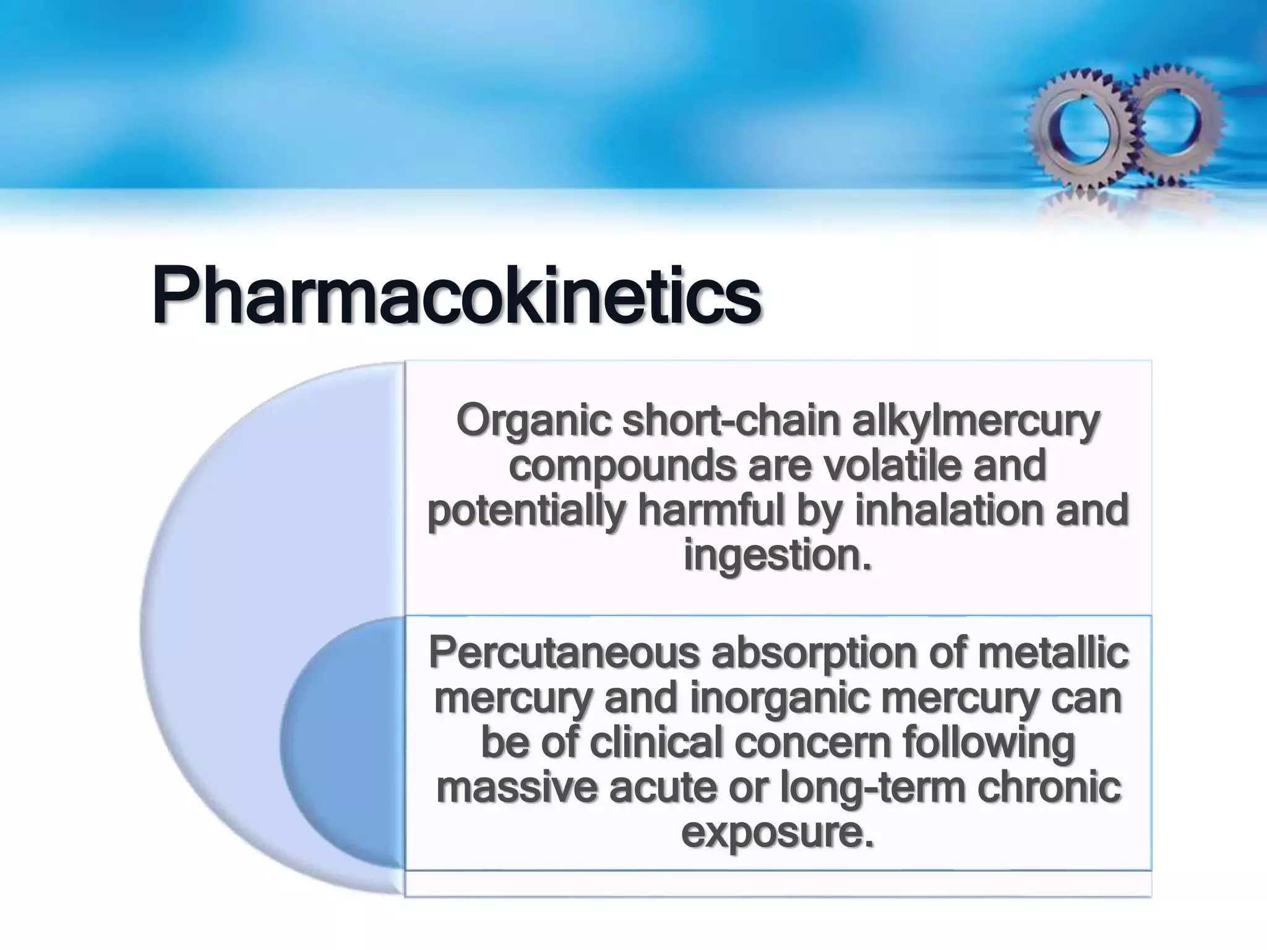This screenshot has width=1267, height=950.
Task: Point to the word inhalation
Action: click(x=949, y=511)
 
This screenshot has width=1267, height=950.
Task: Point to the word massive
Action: click(x=517, y=787)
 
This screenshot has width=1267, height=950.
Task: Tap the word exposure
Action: click(x=778, y=832)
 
